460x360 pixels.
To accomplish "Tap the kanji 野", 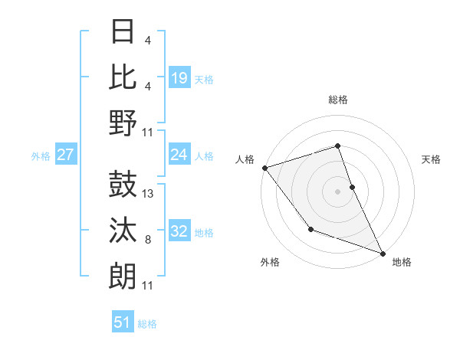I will pyautogui.click(x=123, y=123).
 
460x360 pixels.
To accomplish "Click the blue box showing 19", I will pyautogui.click(x=179, y=77).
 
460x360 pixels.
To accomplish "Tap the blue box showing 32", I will pyautogui.click(x=179, y=232).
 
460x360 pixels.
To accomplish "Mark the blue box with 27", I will pyautogui.click(x=65, y=155).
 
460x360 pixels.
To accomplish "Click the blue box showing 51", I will pyautogui.click(x=123, y=322).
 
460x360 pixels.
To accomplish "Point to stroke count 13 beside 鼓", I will pyautogui.click(x=149, y=194).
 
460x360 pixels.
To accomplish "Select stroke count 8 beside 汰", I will pyautogui.click(x=148, y=241).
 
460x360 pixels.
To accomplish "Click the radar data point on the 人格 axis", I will pyautogui.click(x=264, y=167).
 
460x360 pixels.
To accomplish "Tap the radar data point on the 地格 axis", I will pyautogui.click(x=382, y=253).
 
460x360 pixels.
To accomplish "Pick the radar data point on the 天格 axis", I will pyautogui.click(x=352, y=186).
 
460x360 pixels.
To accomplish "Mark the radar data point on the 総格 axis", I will pyautogui.click(x=337, y=146).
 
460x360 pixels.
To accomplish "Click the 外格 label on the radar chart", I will pyautogui.click(x=270, y=263).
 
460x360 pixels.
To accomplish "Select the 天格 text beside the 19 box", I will pyautogui.click(x=203, y=79).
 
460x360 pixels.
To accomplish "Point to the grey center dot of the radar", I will pyautogui.click(x=337, y=191).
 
